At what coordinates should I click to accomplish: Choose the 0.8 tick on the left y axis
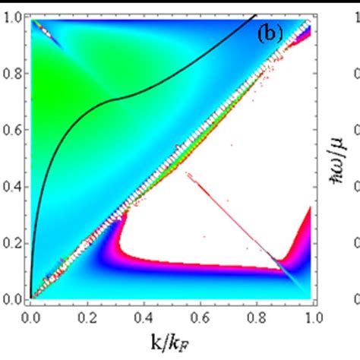coord(13,74)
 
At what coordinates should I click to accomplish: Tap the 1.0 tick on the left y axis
coord(13,19)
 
